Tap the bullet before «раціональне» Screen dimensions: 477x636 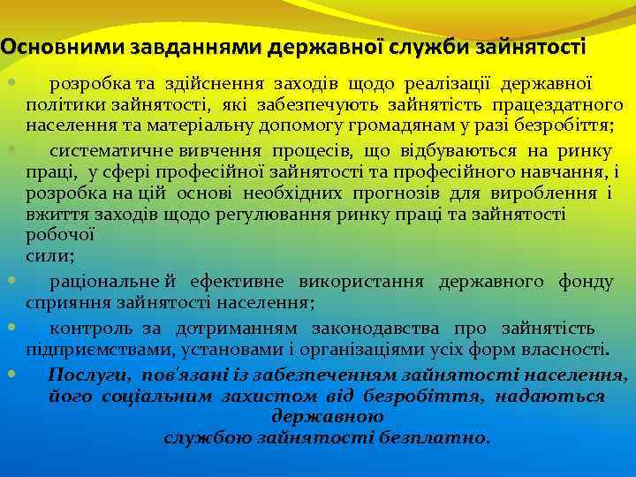click(x=10, y=281)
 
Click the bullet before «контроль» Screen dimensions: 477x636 click(x=10, y=328)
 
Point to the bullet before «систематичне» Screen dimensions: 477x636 click(x=10, y=148)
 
